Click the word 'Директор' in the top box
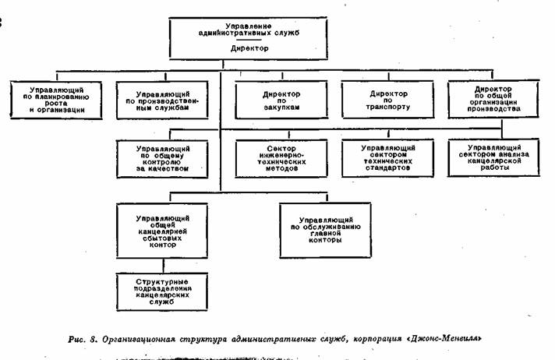click(x=250, y=48)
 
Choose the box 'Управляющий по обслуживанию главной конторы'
click(x=319, y=230)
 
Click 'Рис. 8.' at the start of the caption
click(x=83, y=339)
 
